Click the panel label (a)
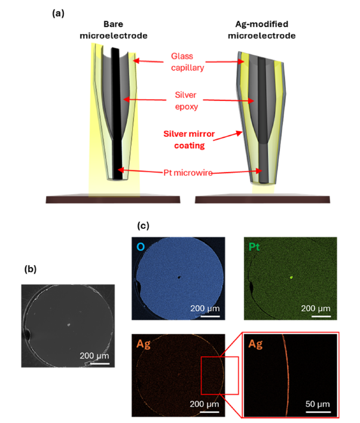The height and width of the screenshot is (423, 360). (x=58, y=13)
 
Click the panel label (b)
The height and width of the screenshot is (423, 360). (x=30, y=269)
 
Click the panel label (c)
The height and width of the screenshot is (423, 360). (x=143, y=225)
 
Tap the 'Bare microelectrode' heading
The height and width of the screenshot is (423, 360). (x=114, y=30)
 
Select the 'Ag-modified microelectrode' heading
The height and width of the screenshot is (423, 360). (x=262, y=30)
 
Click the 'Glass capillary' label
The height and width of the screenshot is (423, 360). (x=187, y=62)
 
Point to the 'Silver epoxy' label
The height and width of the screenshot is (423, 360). (x=186, y=100)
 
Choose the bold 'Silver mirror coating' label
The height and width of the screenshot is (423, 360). (x=189, y=139)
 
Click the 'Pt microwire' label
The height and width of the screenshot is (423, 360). (x=188, y=173)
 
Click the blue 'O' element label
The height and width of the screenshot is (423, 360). (x=141, y=247)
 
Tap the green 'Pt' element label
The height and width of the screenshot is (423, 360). (x=254, y=247)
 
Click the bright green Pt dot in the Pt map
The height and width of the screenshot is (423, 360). (x=291, y=277)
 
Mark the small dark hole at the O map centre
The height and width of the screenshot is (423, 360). (x=179, y=277)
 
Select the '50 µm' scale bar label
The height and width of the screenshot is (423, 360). (x=318, y=404)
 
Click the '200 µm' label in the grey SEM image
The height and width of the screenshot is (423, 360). (x=94, y=355)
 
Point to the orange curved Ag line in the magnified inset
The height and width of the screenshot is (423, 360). (x=288, y=375)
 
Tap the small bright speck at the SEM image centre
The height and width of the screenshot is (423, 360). (x=69, y=325)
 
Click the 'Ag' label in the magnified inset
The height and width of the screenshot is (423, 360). (x=255, y=344)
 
